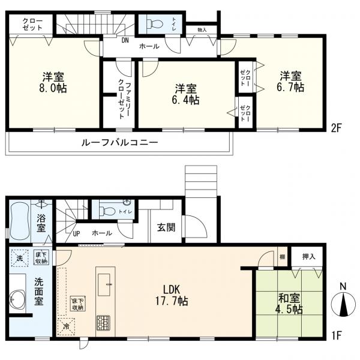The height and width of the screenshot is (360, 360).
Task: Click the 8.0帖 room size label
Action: tap(54, 88)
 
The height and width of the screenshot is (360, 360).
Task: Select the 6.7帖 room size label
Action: tap(290, 87)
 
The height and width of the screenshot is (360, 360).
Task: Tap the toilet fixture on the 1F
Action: tap(109, 211)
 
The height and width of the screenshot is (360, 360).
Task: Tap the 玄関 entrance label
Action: tap(166, 227)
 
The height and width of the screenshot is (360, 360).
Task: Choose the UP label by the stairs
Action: tap(77, 233)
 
